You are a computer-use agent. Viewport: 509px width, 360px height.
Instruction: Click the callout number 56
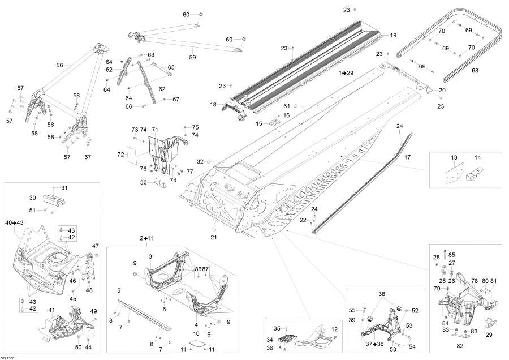(x=59, y=65)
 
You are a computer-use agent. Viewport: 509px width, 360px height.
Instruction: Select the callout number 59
(x=192, y=57)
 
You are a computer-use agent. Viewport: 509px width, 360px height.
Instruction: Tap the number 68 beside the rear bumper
(x=475, y=71)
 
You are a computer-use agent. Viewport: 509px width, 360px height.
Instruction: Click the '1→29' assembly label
(x=346, y=74)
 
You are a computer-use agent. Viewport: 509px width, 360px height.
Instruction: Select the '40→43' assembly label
(x=15, y=222)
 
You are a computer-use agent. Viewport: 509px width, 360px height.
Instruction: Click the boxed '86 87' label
(x=202, y=269)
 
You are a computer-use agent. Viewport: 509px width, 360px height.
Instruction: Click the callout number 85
(x=451, y=254)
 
